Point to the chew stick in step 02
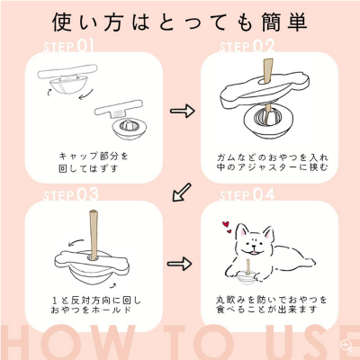266,71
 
